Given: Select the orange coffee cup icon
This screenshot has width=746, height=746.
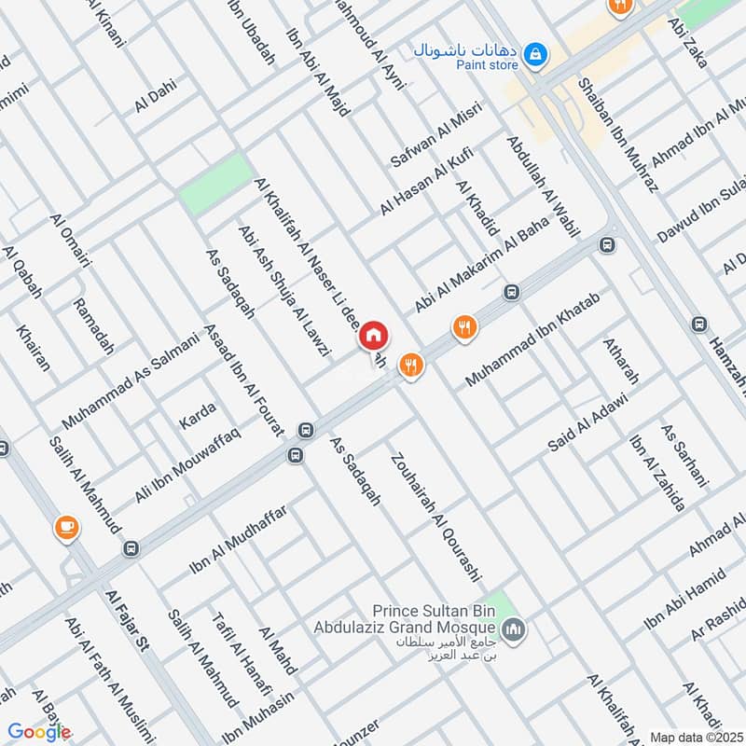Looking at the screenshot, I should point(66,527).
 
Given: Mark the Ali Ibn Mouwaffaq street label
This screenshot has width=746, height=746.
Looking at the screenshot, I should point(188,463).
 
